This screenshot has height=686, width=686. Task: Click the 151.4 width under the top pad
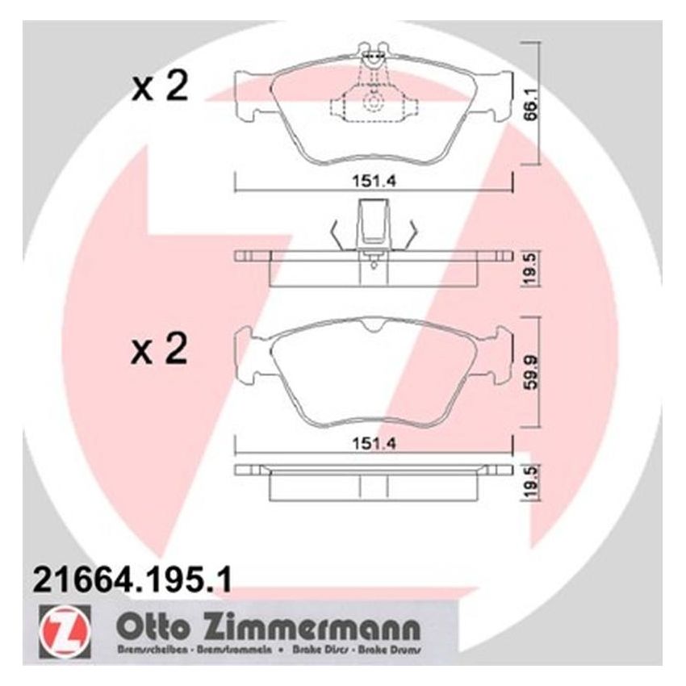tap(371, 181)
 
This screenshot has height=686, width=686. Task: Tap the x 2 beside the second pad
tap(160, 351)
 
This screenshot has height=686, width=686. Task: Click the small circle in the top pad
tap(373, 103)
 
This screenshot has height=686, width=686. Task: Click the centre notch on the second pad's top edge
tap(372, 324)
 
